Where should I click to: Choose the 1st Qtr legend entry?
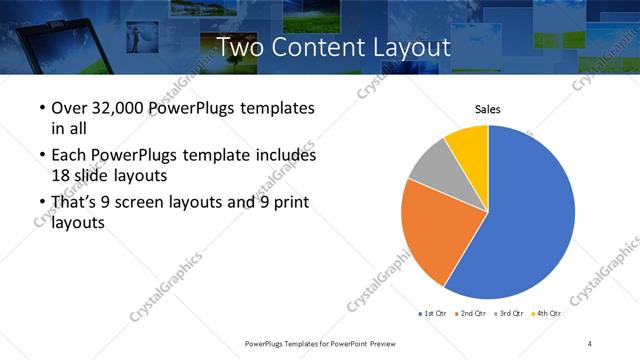pyautogui.click(x=433, y=313)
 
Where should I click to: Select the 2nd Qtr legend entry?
pyautogui.click(x=470, y=313)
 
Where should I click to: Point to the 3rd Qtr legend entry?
pyautogui.click(x=508, y=313)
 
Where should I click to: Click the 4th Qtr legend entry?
pyautogui.click(x=546, y=313)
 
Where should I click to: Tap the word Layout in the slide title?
pyautogui.click(x=405, y=47)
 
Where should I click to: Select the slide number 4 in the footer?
pyautogui.click(x=590, y=344)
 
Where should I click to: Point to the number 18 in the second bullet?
pyautogui.click(x=62, y=175)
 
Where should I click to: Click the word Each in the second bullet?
pyautogui.click(x=69, y=156)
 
